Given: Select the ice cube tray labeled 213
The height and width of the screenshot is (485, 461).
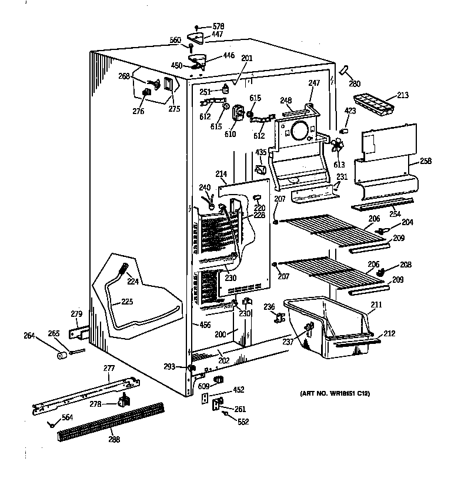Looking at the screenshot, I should tap(378, 104).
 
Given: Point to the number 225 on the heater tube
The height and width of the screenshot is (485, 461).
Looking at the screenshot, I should tap(127, 302).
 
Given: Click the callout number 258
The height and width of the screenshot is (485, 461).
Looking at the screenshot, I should tap(426, 160).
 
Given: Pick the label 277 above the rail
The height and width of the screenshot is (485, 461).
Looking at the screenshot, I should tap(109, 369).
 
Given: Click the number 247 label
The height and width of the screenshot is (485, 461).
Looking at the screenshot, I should tap(315, 83).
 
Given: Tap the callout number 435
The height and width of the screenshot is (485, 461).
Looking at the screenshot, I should tap(260, 153).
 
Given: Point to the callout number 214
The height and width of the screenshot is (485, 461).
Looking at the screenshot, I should tap(221, 174).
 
